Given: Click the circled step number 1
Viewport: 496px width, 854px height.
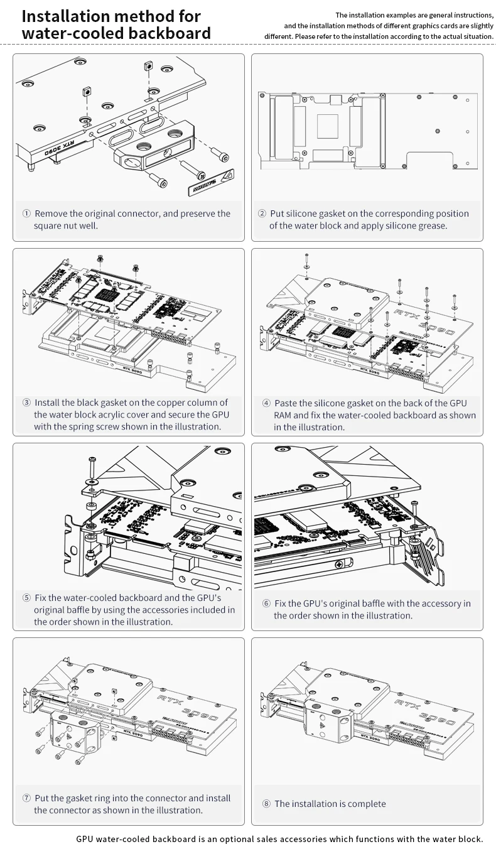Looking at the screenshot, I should (26, 213).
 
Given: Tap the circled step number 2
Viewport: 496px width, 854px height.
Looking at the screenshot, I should (262, 213).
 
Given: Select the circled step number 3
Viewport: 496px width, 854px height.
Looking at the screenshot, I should (26, 403).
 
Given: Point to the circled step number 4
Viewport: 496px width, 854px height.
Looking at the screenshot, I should (266, 403).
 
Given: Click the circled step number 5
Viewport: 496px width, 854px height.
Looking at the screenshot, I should (26, 598).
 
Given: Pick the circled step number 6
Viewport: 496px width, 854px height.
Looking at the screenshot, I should (266, 603).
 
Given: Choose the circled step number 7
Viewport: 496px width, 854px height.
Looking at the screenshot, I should (26, 798).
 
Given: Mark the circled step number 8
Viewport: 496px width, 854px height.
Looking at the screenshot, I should (266, 804).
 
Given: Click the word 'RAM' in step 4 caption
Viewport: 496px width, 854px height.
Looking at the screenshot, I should (283, 415).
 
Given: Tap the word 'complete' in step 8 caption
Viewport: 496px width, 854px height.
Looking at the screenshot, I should (365, 804).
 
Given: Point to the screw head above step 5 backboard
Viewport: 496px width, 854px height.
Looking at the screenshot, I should (92, 460).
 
